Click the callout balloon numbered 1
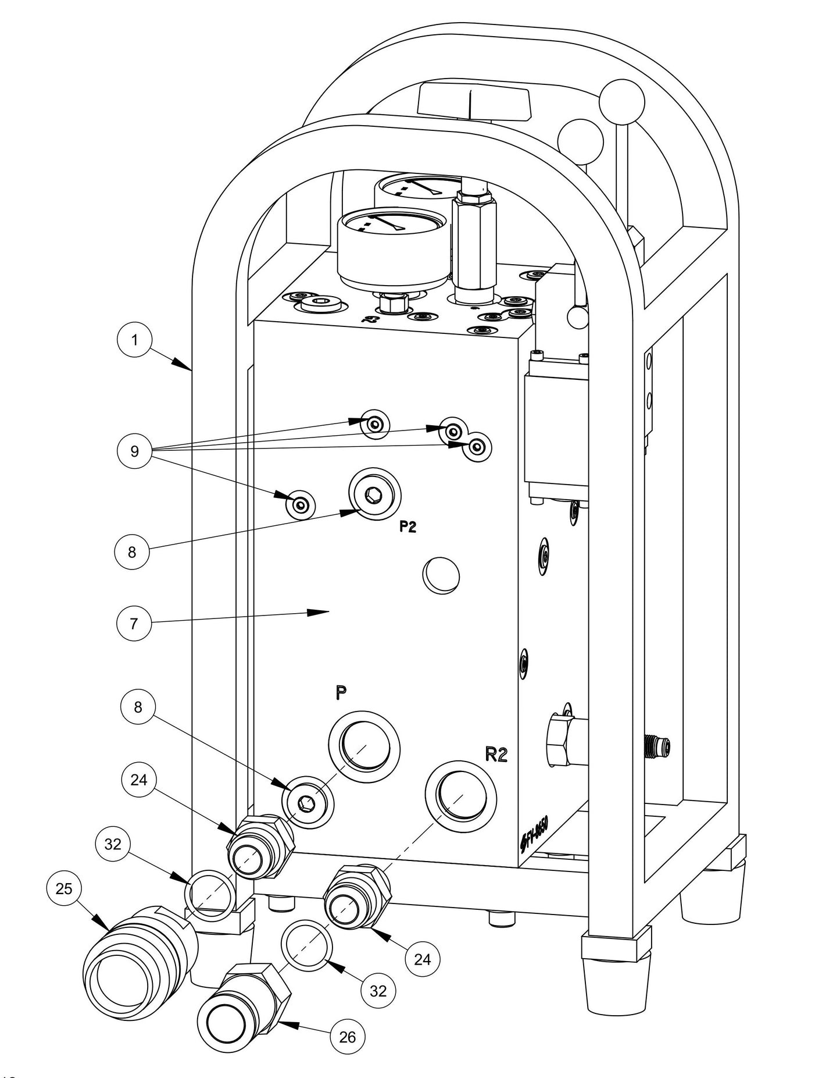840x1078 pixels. [135, 339]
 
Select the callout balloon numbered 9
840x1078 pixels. [135, 451]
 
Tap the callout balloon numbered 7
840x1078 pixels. [134, 623]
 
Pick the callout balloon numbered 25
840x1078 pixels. [64, 888]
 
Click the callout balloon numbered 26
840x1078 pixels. [348, 1037]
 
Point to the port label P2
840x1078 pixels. [408, 528]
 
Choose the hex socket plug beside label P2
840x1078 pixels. [374, 496]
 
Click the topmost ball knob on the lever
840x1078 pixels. [621, 101]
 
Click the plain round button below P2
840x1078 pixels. [441, 575]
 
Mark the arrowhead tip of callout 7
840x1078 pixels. [329, 611]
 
